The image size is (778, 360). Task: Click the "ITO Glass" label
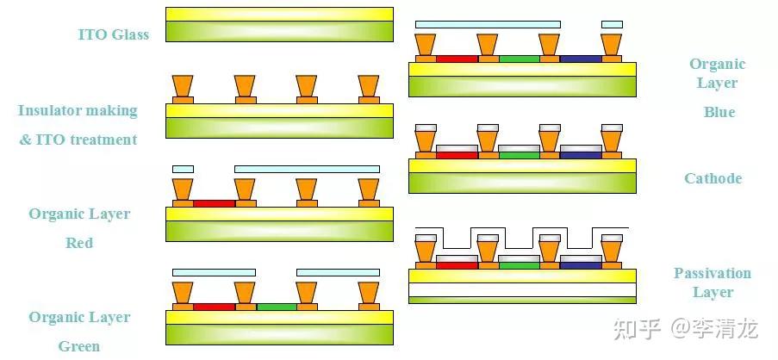[113, 35]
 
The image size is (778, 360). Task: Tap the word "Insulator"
[48, 111]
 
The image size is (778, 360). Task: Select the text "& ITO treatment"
[78, 140]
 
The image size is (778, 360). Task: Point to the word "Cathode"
[713, 179]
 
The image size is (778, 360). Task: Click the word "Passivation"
[713, 274]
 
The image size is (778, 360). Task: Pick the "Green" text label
[79, 347]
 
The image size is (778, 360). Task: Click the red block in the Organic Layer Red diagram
[214, 204]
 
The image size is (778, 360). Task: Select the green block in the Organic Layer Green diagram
[276, 307]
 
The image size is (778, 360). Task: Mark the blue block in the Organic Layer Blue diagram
[580, 59]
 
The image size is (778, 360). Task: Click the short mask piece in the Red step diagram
[183, 169]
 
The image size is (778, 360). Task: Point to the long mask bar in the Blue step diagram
[488, 24]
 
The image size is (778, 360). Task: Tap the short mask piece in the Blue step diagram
[612, 24]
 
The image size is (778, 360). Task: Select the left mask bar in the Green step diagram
[214, 272]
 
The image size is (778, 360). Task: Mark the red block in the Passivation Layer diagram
[457, 265]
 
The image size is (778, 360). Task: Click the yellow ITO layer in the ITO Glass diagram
[279, 15]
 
